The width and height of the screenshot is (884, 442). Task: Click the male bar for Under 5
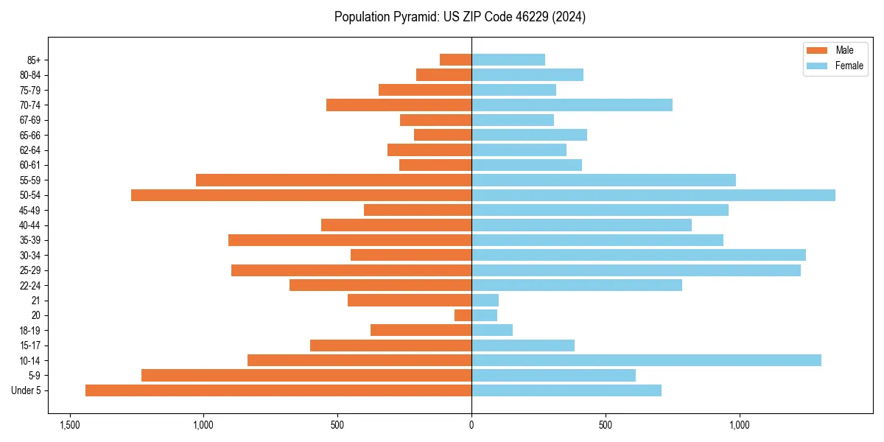[x=278, y=390]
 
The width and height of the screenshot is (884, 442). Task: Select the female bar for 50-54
[x=653, y=195]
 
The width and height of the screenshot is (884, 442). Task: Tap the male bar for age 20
[x=463, y=315]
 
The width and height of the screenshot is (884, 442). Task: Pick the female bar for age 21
[x=485, y=300]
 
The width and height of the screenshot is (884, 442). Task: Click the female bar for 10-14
[x=646, y=360]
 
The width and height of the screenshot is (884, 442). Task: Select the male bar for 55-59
[x=334, y=180]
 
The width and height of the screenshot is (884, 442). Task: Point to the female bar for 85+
[x=508, y=60]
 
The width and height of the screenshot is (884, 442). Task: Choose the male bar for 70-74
[x=399, y=105]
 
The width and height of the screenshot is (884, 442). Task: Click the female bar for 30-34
[x=639, y=255]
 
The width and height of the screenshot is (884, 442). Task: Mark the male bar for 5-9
[x=306, y=375]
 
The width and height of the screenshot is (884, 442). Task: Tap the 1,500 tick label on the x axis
[x=69, y=425]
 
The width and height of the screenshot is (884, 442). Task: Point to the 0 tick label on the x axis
[x=471, y=425]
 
